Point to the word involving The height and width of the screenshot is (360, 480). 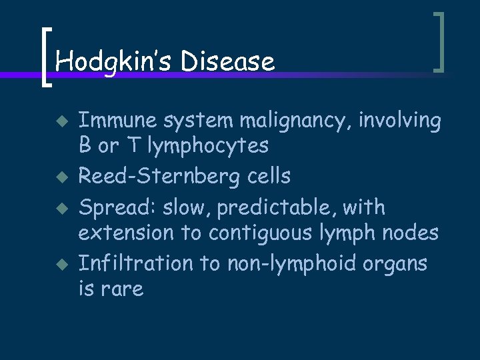tap(399, 121)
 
